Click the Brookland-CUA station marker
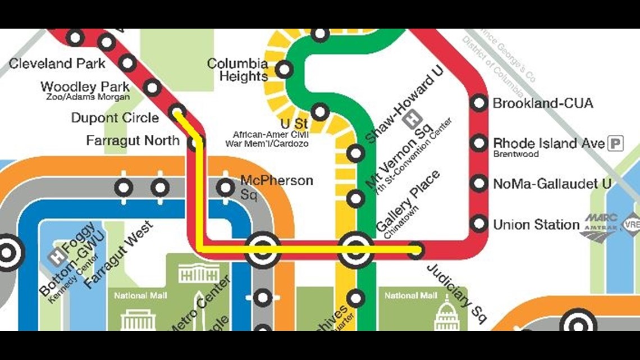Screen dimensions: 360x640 tap(479, 103)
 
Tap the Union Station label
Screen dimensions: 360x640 tap(536, 225)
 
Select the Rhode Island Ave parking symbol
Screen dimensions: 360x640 tap(616, 144)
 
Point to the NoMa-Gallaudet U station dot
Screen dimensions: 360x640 tap(479, 184)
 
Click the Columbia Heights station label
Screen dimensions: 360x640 tap(238, 70)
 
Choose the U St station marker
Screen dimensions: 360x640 tap(319, 111)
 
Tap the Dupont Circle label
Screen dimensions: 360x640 tap(115, 118)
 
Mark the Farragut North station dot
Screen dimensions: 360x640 tap(195, 143)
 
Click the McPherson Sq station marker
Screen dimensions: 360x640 tap(225, 188)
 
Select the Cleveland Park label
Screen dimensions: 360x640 tap(57, 63)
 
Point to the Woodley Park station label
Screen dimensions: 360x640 tap(85, 87)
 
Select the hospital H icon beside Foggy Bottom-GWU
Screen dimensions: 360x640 tap(55, 256)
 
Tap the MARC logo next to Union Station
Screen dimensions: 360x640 tap(601, 218)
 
